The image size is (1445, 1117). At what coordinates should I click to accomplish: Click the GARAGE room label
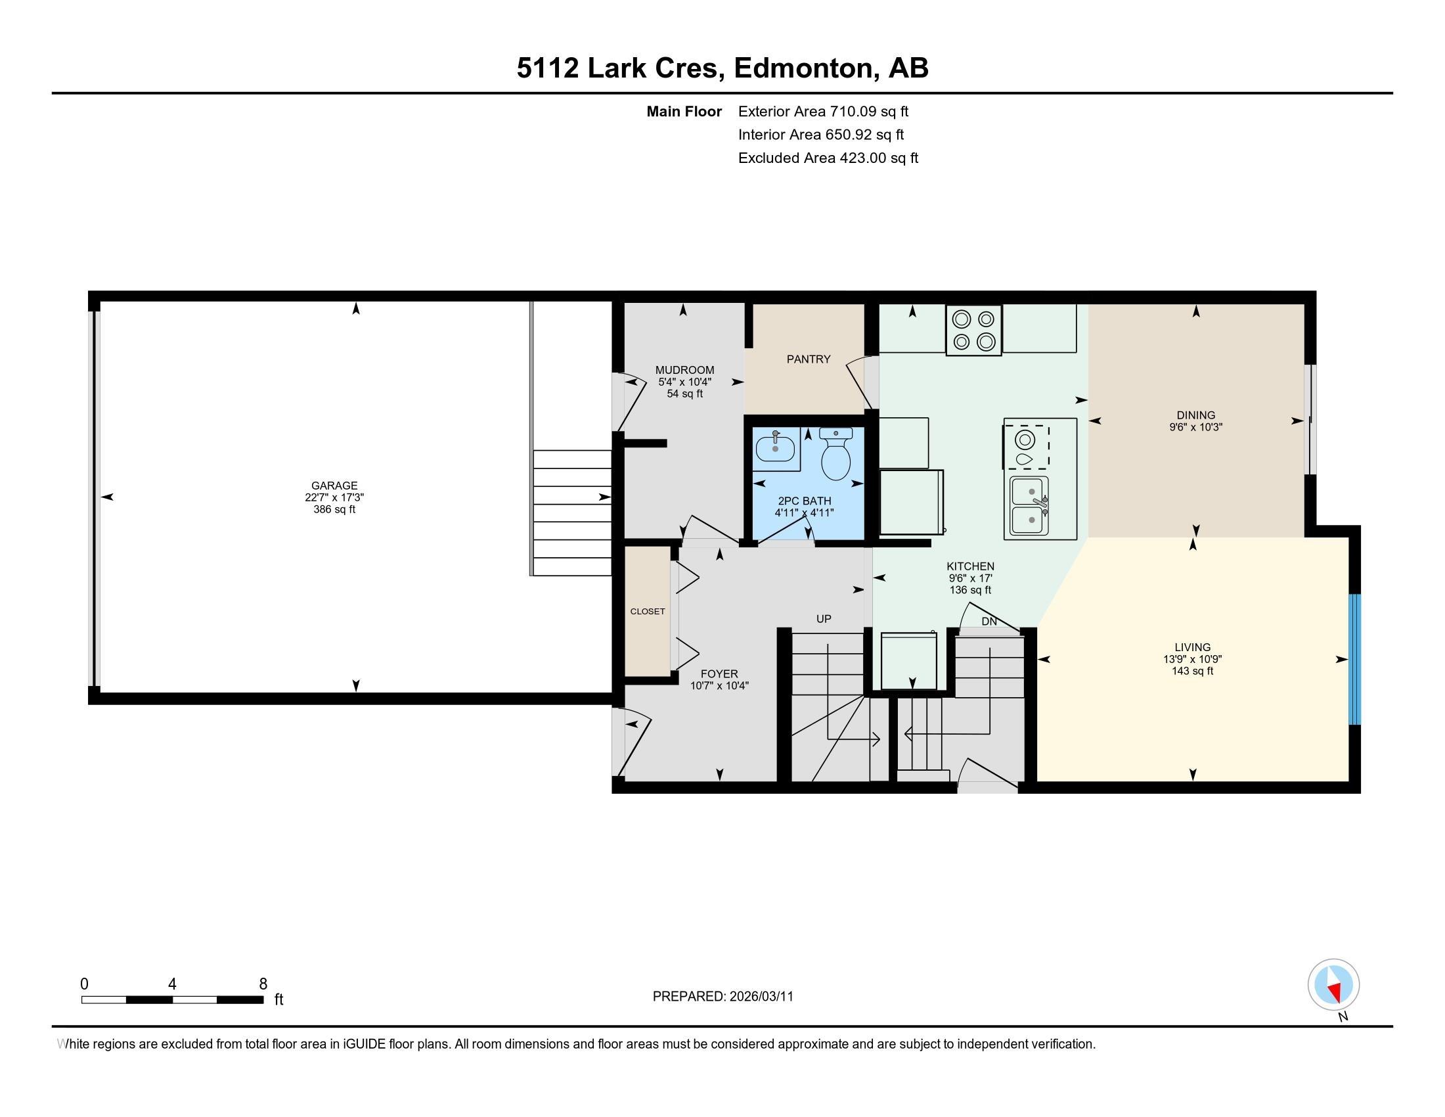[x=334, y=485]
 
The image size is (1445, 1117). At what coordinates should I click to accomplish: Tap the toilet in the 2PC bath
[x=835, y=456]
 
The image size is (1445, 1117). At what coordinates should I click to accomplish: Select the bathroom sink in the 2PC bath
[x=776, y=448]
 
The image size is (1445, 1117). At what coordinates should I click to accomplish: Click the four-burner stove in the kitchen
[x=973, y=331]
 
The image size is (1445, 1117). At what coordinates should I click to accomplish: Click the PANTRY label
[x=808, y=359]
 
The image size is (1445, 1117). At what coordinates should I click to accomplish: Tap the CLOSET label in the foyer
[x=647, y=612]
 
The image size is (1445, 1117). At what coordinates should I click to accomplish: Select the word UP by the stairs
[x=824, y=620]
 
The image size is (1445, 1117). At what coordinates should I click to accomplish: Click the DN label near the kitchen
[x=989, y=622]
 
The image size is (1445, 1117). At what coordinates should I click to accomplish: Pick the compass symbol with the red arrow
[x=1333, y=985]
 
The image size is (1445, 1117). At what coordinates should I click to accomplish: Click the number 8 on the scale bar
[x=263, y=984]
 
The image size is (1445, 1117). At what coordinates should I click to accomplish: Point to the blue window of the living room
[x=1354, y=658]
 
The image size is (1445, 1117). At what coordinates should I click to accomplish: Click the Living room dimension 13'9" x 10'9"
[x=1192, y=659]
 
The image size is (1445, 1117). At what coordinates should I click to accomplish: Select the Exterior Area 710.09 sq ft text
[x=823, y=112]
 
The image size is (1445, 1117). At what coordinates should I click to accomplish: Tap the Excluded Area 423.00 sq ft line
[x=828, y=158]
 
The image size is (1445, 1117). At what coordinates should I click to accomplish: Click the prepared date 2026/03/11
[x=761, y=997]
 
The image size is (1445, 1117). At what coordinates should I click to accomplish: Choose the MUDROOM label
[x=685, y=370]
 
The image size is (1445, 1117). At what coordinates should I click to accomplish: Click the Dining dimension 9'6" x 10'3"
[x=1195, y=428]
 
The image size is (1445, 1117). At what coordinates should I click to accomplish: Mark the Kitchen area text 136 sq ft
[x=970, y=590]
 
